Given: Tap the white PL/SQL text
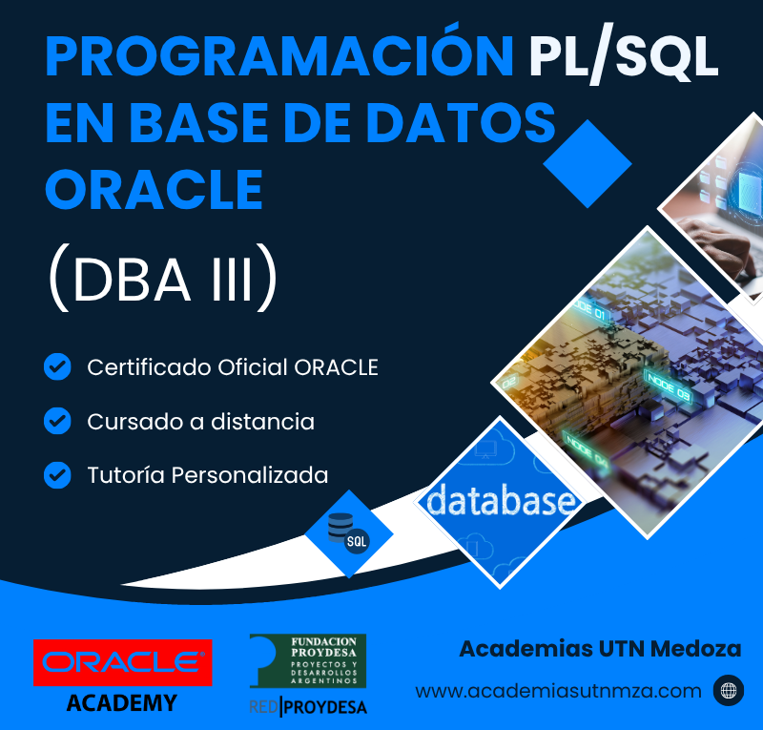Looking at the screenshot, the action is tap(625, 57).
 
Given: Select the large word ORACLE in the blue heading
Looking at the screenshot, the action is tap(155, 189).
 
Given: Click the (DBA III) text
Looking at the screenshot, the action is tap(163, 278).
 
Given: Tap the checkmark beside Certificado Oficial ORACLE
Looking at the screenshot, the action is tap(57, 366).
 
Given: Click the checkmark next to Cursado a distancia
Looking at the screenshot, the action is tap(57, 421).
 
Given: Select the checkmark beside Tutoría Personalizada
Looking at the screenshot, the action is tap(57, 475).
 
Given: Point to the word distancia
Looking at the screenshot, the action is tap(263, 421).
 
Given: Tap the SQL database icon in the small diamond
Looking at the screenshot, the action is tap(348, 534).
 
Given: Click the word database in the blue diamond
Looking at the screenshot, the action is tap(501, 499).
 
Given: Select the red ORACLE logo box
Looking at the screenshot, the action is tap(123, 663).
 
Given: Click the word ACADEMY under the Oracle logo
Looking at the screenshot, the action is tap(122, 703).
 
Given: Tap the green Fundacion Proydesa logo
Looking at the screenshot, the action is tap(307, 661).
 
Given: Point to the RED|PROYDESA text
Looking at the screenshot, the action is tap(308, 707).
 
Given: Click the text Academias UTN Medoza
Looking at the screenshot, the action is tap(601, 649).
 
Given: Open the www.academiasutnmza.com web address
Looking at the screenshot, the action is tap(559, 691).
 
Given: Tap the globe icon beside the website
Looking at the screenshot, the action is tap(729, 691).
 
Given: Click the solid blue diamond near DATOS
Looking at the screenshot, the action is tap(588, 164).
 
